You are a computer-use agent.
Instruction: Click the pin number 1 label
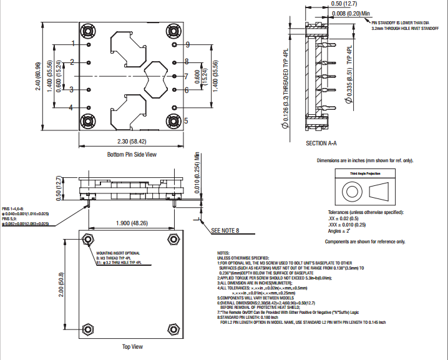[73, 43]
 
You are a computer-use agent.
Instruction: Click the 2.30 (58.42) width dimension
[132, 142]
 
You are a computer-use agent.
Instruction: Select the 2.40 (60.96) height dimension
[39, 76]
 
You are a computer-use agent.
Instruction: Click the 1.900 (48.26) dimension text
[132, 223]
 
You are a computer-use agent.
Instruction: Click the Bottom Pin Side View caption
[132, 154]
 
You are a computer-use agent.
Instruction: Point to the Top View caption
[132, 346]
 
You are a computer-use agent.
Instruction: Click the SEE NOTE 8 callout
[225, 230]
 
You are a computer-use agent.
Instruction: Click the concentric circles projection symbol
[348, 190]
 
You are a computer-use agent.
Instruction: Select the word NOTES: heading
[223, 253]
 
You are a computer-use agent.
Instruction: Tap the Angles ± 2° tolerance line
[341, 231]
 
